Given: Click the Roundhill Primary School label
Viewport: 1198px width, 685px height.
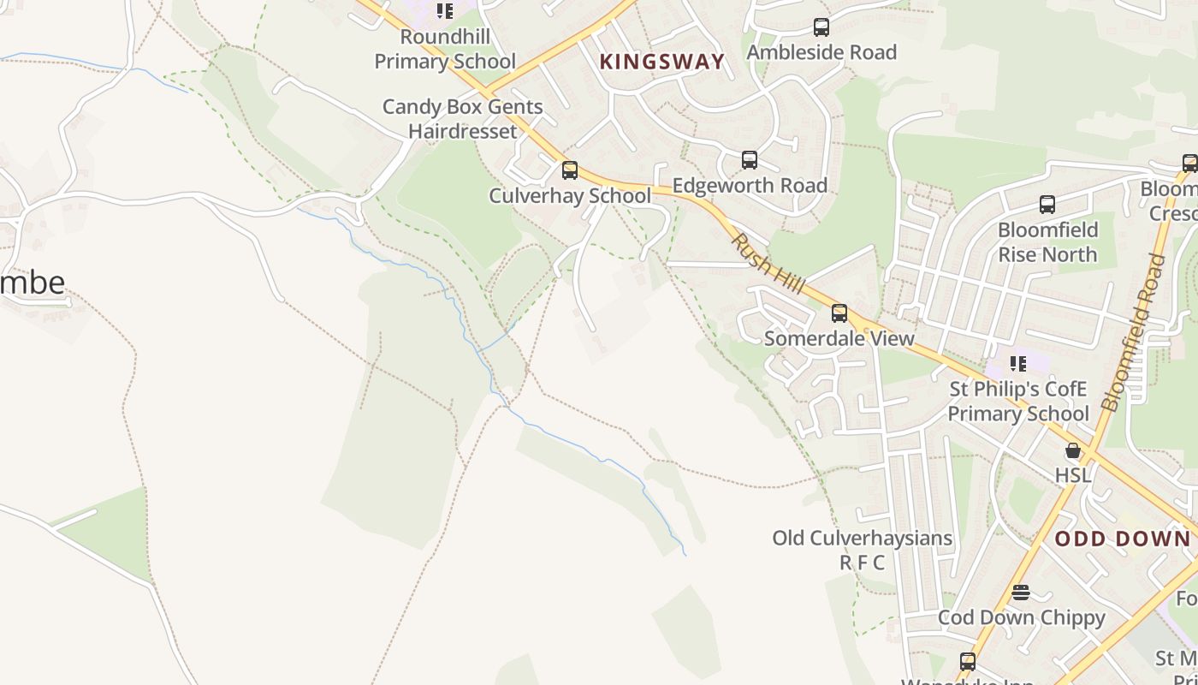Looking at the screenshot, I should pyautogui.click(x=445, y=50).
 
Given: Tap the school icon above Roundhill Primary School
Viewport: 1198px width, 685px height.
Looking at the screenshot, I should pyautogui.click(x=445, y=11).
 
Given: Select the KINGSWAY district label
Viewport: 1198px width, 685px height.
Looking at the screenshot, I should pyautogui.click(x=661, y=62).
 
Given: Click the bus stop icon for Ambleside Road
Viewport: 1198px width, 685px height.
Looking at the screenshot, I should pyautogui.click(x=821, y=27).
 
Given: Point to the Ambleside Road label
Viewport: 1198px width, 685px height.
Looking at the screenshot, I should pyautogui.click(x=821, y=52).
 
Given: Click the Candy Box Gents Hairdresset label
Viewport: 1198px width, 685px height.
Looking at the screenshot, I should pyautogui.click(x=462, y=119).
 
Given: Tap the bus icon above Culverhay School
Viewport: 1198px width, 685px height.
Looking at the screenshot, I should pyautogui.click(x=570, y=170).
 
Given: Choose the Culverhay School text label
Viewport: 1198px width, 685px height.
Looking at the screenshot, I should pyautogui.click(x=570, y=195).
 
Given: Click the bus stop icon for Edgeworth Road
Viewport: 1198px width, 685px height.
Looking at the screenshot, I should pyautogui.click(x=750, y=160).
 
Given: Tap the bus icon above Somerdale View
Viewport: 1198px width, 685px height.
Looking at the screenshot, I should pyautogui.click(x=839, y=313).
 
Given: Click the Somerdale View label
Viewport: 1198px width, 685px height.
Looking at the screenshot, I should pyautogui.click(x=839, y=338).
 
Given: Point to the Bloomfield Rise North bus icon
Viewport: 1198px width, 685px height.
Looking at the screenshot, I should pyautogui.click(x=1047, y=205).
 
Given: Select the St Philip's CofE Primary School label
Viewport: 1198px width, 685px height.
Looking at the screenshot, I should pyautogui.click(x=1017, y=402).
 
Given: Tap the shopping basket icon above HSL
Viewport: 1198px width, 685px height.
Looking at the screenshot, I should pyautogui.click(x=1073, y=450).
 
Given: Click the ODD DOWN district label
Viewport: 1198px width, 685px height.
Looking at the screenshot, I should pyautogui.click(x=1123, y=539).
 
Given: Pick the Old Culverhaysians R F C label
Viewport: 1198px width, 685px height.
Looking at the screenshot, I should pyautogui.click(x=862, y=550).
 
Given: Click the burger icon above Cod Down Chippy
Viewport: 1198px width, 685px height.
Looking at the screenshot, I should pyautogui.click(x=1021, y=593).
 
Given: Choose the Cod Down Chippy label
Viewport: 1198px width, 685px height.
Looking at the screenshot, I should pyautogui.click(x=1021, y=617).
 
